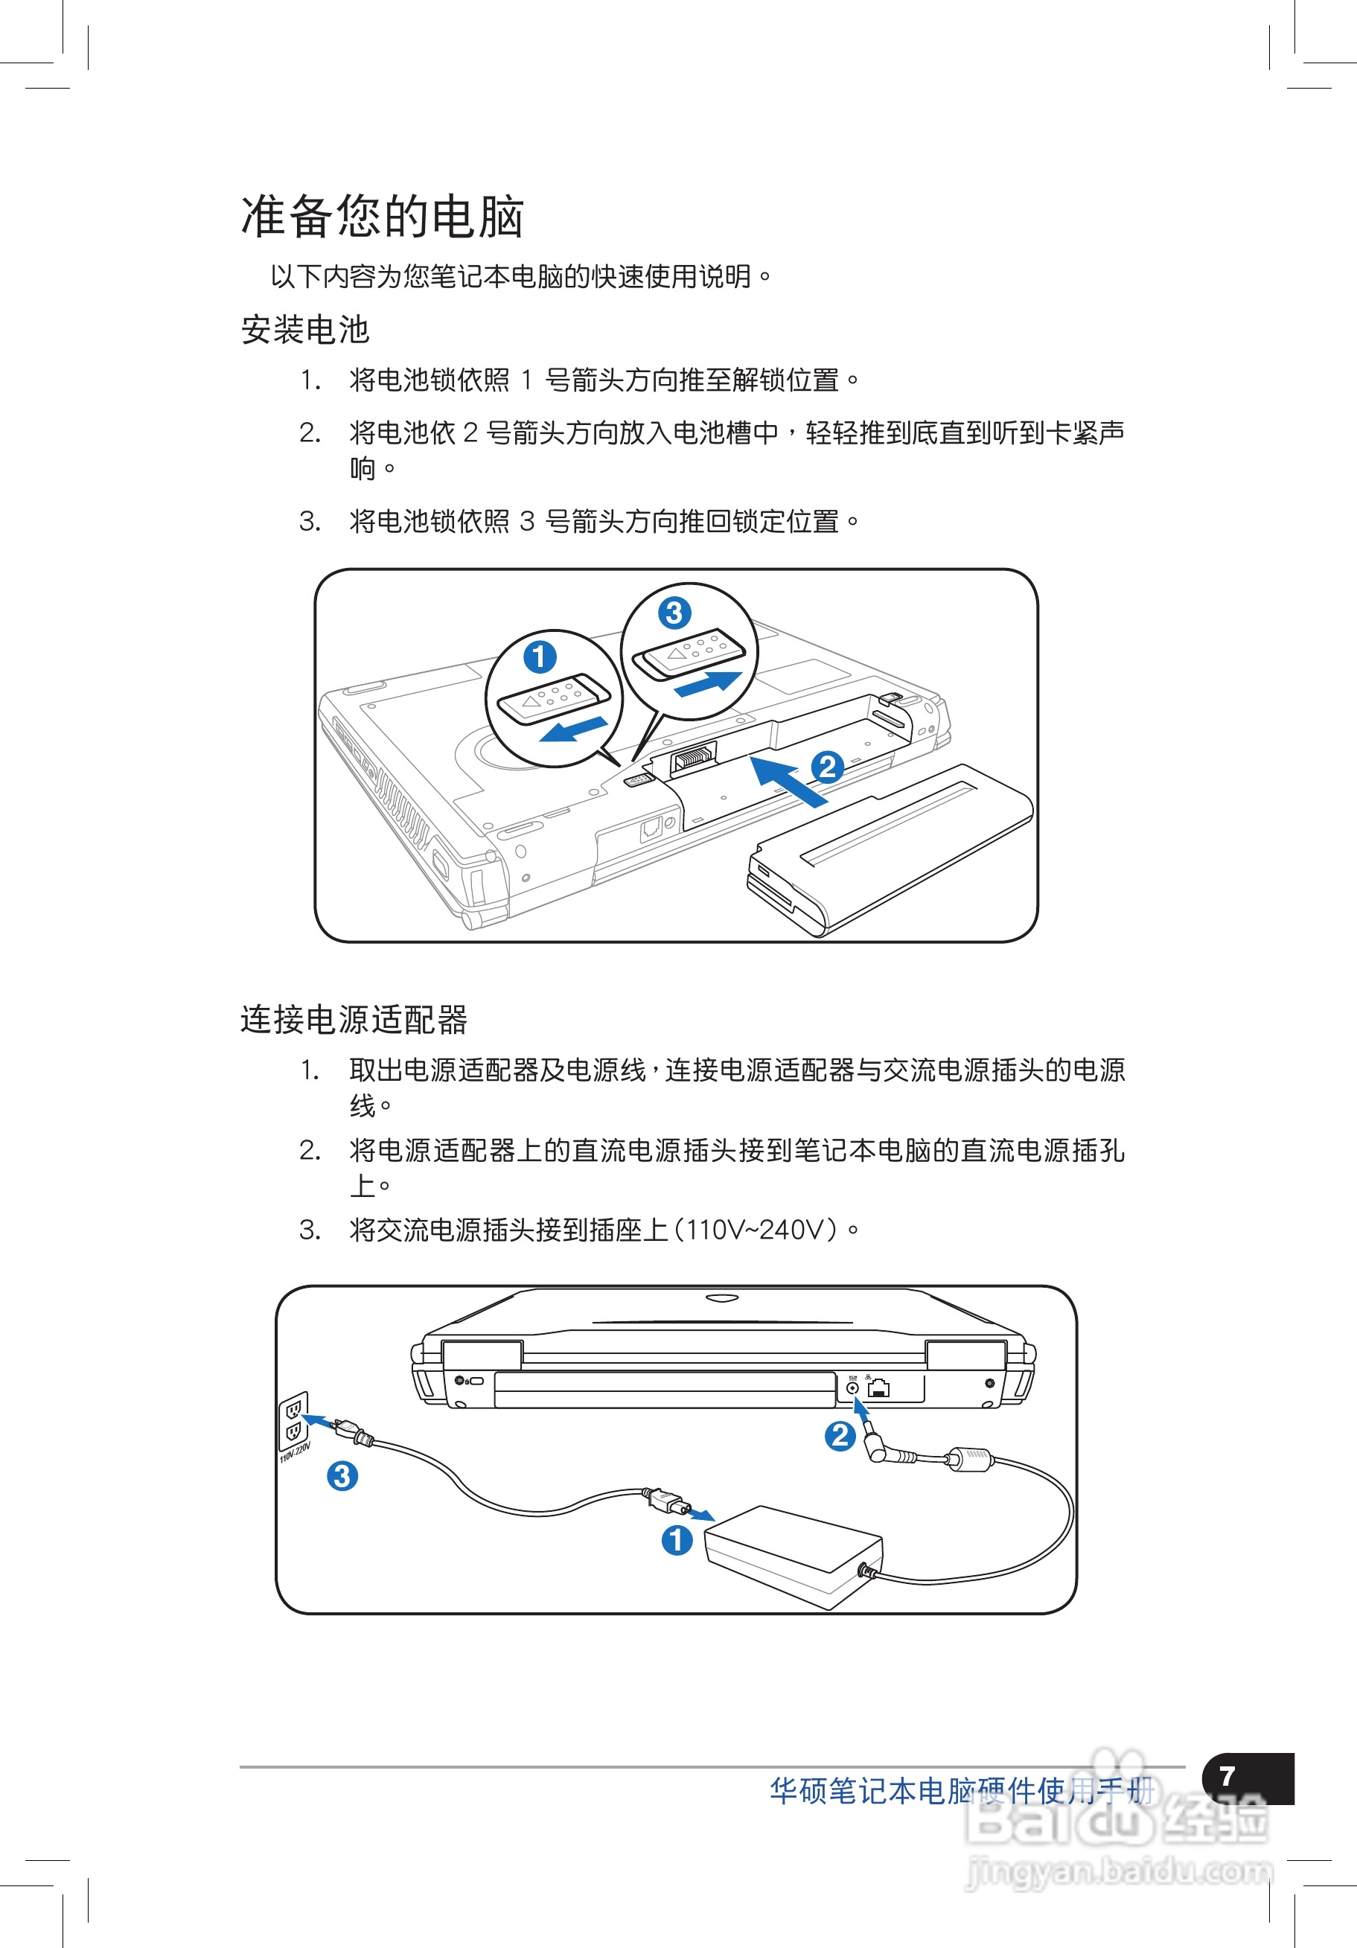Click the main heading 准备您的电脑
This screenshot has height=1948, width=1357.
pyautogui.click(x=382, y=217)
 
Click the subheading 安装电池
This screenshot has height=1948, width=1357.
pyautogui.click(x=304, y=329)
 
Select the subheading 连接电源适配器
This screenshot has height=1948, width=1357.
pyautogui.click(x=353, y=1019)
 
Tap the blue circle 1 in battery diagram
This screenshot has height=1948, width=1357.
pyautogui.click(x=540, y=657)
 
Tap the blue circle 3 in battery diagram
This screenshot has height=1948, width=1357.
pyautogui.click(x=674, y=613)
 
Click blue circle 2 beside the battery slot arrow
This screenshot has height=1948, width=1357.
pyautogui.click(x=828, y=767)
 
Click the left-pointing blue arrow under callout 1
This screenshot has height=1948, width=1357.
pyautogui.click(x=575, y=729)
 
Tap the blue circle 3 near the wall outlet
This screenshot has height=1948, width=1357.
pyautogui.click(x=342, y=1475)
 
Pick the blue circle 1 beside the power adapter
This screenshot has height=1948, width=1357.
pyautogui.click(x=677, y=1539)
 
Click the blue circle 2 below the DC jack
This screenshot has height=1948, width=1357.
pyautogui.click(x=840, y=1436)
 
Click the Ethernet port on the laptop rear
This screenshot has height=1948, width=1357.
pyautogui.click(x=879, y=1389)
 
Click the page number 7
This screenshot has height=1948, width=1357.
pyautogui.click(x=1227, y=1776)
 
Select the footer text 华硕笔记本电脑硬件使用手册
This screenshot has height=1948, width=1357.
pyautogui.click(x=961, y=1791)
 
